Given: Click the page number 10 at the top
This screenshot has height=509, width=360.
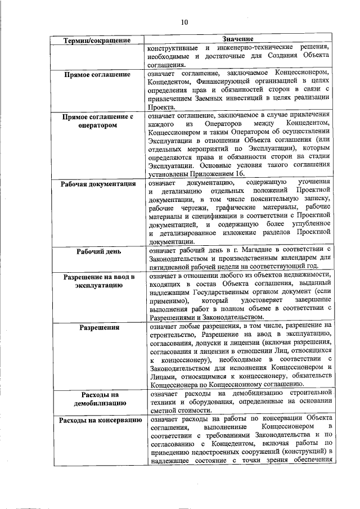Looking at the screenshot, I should coord(184,22).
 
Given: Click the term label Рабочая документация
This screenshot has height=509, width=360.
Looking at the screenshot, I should coord(99,184).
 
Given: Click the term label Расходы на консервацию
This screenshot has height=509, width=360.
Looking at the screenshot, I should coord(99,421).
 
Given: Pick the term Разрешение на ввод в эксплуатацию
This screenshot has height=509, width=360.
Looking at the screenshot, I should coord(99,281).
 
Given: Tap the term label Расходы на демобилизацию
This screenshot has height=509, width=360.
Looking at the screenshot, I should coord(99,399).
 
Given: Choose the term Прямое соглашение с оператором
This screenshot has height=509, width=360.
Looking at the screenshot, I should coord(99,121).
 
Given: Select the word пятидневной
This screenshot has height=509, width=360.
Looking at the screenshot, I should coord(171,266).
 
